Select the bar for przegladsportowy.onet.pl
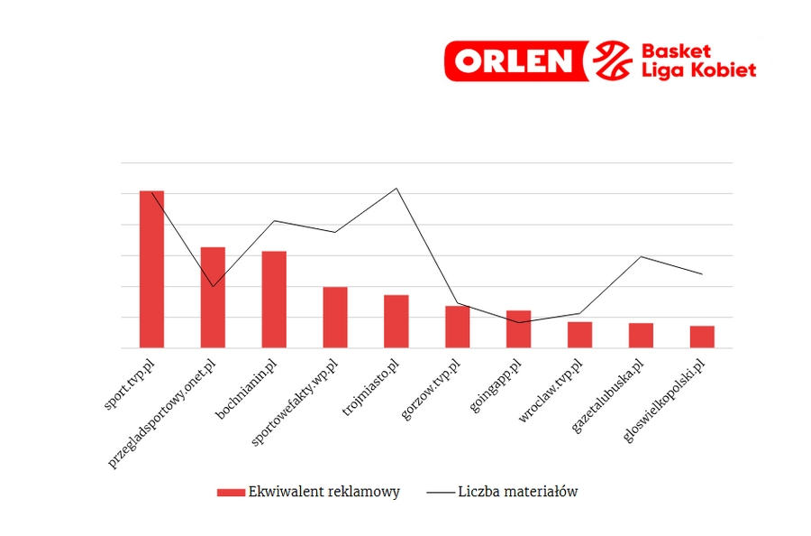coord(213,297)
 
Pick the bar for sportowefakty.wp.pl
coord(335,317)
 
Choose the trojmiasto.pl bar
coord(396,321)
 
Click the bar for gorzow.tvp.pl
coord(457,327)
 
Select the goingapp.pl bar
coord(518,328)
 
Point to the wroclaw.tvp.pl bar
coord(579,335)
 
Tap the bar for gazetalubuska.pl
coord(641,335)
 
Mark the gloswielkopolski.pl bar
coord(702,337)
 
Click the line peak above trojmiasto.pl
coord(396,189)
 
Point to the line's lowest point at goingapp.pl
coord(518,322)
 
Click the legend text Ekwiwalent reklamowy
coord(323,492)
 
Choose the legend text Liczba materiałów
coord(517,492)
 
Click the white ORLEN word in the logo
coord(513,61)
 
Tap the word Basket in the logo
coord(675,51)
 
